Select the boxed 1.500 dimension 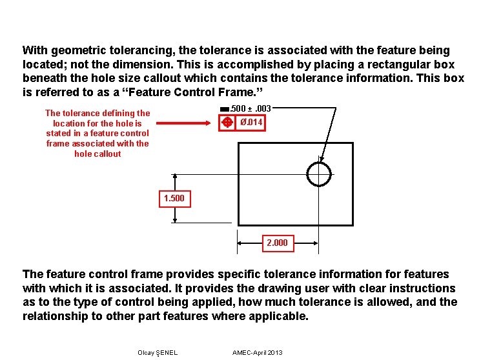pyautogui.click(x=174, y=198)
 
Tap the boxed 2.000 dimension pyautogui.click(x=278, y=243)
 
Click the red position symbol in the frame pyautogui.click(x=227, y=123)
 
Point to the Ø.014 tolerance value pyautogui.click(x=251, y=123)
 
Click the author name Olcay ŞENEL pyautogui.click(x=158, y=352)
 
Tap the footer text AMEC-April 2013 pyautogui.click(x=257, y=352)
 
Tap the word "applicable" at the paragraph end pyautogui.click(x=281, y=316)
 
